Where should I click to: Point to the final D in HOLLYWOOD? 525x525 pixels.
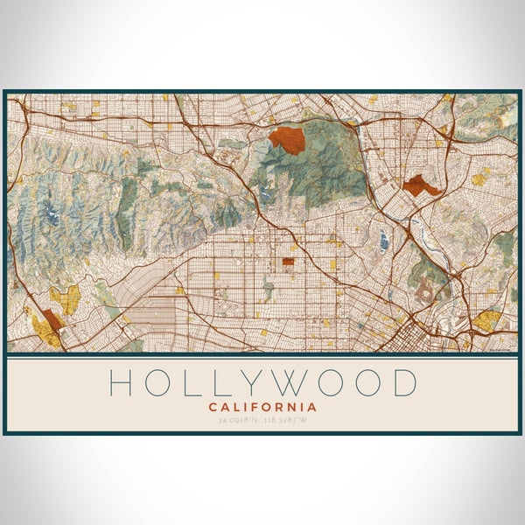click(x=404, y=383)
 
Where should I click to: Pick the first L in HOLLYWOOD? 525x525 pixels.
click(x=191, y=383)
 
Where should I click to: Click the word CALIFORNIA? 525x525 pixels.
click(x=262, y=407)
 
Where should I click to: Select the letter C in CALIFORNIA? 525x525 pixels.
click(x=213, y=407)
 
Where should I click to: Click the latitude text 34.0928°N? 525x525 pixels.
click(x=238, y=420)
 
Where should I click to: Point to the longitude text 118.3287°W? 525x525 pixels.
click(x=288, y=420)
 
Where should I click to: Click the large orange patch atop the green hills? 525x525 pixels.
click(x=286, y=138)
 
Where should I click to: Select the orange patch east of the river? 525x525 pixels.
click(x=422, y=185)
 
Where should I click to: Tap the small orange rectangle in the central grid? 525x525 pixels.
click(x=289, y=261)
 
